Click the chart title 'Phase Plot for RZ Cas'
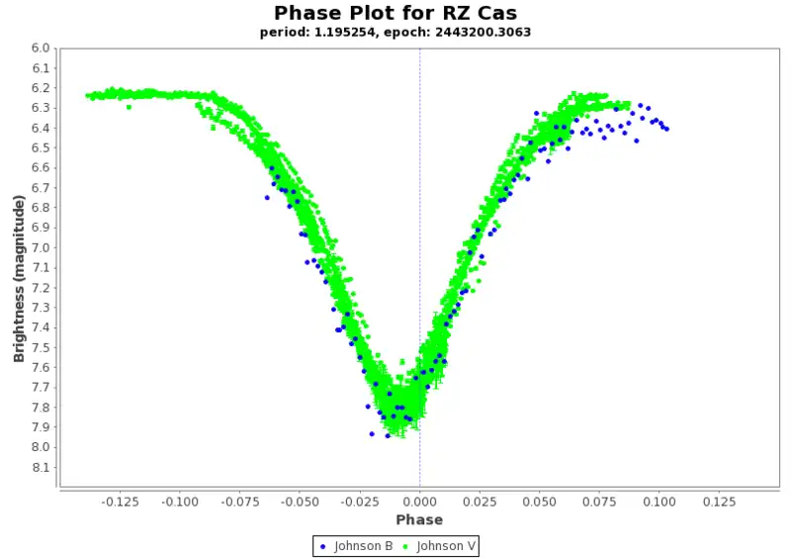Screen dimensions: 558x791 pyautogui.click(x=395, y=13)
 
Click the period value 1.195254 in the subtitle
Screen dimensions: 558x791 pyautogui.click(x=349, y=32)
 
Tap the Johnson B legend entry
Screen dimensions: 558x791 pyautogui.click(x=357, y=545)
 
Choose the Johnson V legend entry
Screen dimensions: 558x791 pyautogui.click(x=442, y=545)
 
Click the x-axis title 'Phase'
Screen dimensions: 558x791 pyautogui.click(x=419, y=520)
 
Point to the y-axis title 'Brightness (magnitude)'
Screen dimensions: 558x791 pyautogui.click(x=19, y=278)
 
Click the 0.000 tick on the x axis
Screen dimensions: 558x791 pyautogui.click(x=419, y=502)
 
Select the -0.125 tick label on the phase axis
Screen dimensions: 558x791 pyautogui.click(x=121, y=502)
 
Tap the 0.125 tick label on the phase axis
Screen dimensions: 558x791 pyautogui.click(x=719, y=502)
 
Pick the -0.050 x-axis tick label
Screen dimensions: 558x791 pyautogui.click(x=300, y=502)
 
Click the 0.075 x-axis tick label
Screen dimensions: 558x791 pyautogui.click(x=599, y=502)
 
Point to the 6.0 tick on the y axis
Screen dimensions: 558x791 pyautogui.click(x=40, y=47)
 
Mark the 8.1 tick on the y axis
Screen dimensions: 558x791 pyautogui.click(x=40, y=467)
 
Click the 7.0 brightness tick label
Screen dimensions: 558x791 pyautogui.click(x=40, y=247)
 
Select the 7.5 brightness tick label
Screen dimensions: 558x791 pyautogui.click(x=40, y=347)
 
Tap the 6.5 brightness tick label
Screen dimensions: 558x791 pyautogui.click(x=40, y=147)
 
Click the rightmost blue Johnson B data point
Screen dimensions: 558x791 pyautogui.click(x=666, y=129)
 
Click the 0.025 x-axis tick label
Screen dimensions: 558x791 pyautogui.click(x=480, y=502)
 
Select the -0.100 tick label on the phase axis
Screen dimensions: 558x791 pyautogui.click(x=180, y=502)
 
